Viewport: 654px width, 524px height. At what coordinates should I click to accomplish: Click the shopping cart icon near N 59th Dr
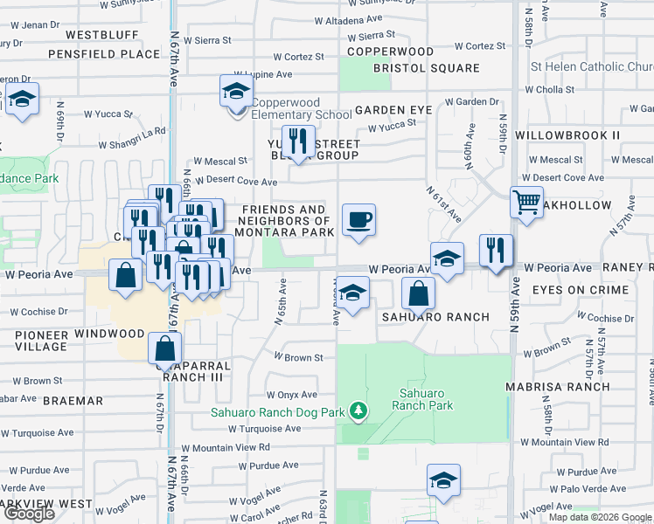pos(526,203)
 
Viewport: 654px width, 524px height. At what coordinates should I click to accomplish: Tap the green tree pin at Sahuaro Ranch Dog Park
pos(357,410)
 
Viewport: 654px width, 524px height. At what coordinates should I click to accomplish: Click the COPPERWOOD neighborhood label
pos(390,52)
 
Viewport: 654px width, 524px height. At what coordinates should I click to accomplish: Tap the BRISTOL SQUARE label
pos(426,68)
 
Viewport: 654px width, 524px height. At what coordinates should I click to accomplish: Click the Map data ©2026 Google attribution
pos(599,517)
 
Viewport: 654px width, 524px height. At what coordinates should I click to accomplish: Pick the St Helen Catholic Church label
pos(592,67)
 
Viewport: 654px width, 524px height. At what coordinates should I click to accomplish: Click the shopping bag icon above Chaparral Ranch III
pos(165,349)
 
